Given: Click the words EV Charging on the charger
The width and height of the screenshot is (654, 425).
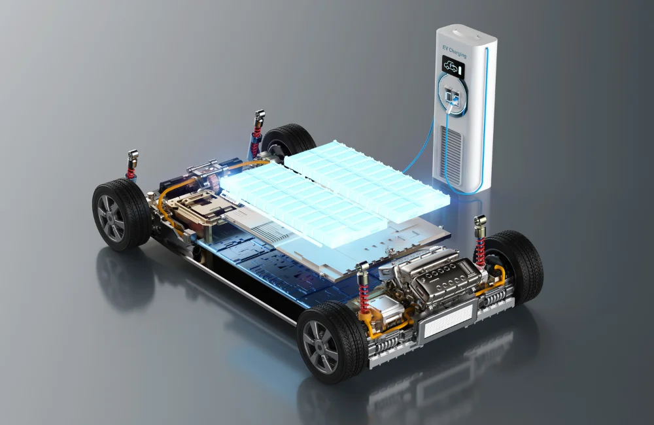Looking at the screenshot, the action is [455, 52].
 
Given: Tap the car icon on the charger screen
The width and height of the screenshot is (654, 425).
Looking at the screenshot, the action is [450, 66].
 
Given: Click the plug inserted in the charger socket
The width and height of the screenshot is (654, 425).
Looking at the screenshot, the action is [452, 99].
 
